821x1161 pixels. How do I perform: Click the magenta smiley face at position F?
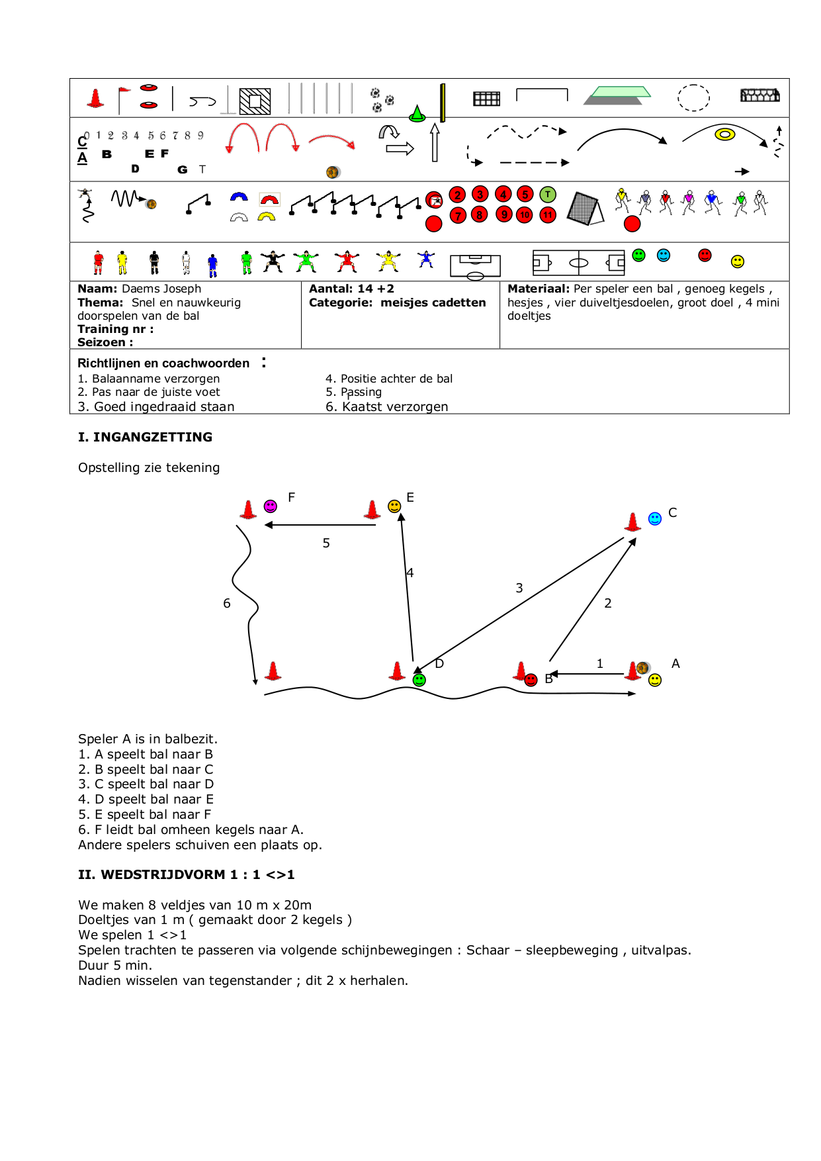coord(270,506)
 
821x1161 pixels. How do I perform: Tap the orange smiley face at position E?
coord(394,506)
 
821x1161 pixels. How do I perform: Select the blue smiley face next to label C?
coord(655,518)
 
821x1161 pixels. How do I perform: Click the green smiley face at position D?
coord(419,680)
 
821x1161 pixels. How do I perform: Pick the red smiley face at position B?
coord(531,680)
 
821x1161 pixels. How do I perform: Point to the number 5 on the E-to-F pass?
coord(326,543)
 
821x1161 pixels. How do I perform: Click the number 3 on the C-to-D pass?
coord(519,588)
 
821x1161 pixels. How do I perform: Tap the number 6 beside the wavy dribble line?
coord(227,604)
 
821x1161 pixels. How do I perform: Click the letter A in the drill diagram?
coord(675,663)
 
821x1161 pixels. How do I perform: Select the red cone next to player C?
coord(633,522)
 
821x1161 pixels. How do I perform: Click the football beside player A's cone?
coord(642,667)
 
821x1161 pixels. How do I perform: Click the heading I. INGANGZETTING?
coord(145,437)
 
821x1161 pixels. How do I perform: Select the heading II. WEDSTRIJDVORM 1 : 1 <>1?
coord(186,874)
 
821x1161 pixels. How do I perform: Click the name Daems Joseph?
coord(161,289)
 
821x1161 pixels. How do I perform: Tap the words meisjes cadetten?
coord(433,302)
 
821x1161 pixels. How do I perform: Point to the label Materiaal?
coord(538,289)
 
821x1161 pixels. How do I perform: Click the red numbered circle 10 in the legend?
coord(525,215)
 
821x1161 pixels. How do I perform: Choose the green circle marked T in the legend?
coord(548,195)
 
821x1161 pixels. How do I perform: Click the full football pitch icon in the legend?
coord(579,263)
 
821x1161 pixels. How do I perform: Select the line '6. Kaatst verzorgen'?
coord(386,406)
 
